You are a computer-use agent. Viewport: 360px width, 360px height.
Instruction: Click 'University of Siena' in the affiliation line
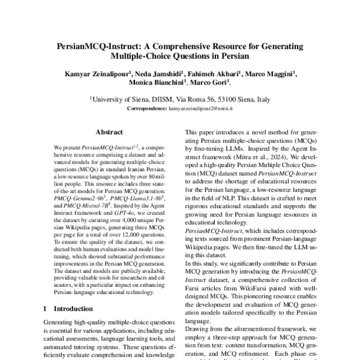click(121, 100)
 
